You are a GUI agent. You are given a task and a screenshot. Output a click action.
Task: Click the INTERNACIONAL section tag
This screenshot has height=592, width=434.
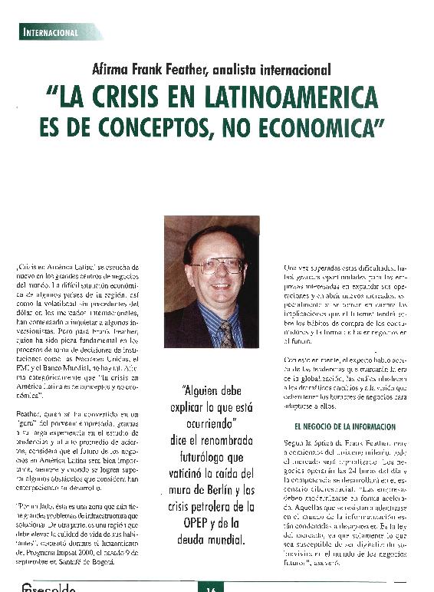point(51,33)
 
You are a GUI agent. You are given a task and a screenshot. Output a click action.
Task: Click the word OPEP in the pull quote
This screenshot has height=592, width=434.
point(190,523)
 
